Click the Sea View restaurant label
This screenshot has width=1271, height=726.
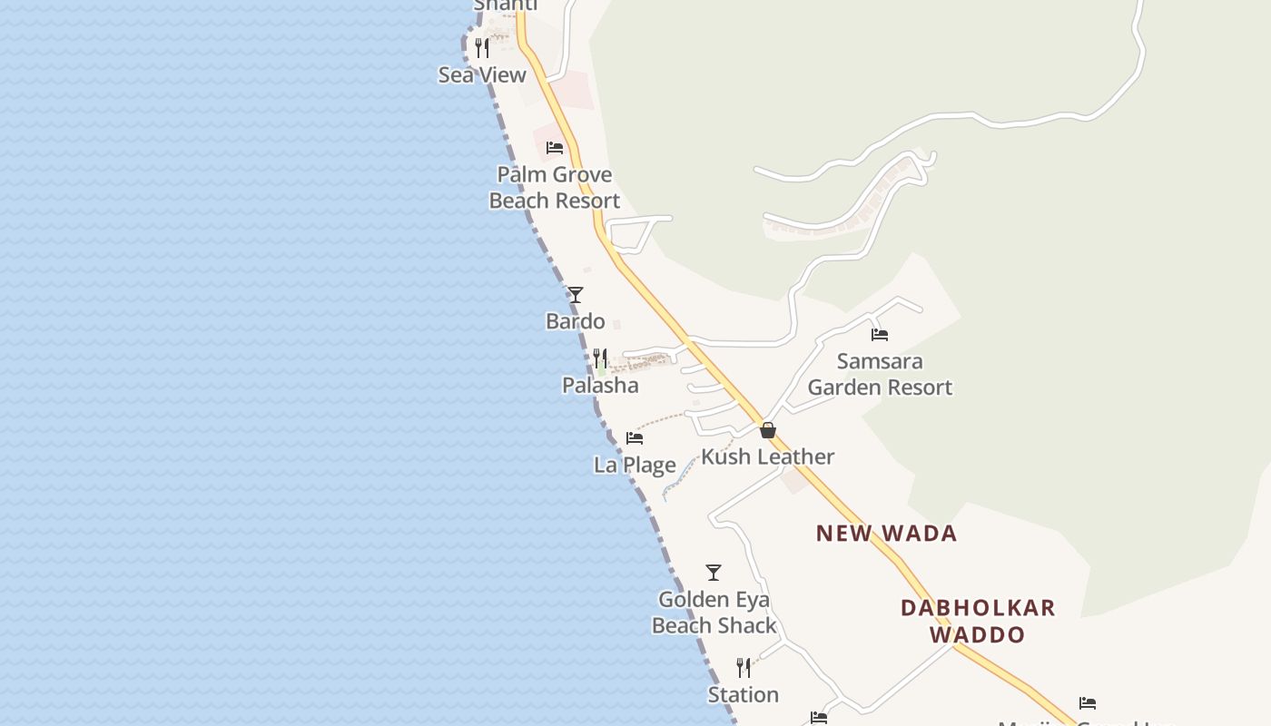click(482, 75)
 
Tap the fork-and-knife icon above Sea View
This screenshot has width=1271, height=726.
click(482, 48)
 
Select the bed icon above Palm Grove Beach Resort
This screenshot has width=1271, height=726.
click(555, 148)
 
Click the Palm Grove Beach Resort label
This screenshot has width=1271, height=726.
click(555, 188)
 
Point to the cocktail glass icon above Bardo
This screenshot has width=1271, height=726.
click(575, 295)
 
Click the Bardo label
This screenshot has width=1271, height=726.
click(575, 321)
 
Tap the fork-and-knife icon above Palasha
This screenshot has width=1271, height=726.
click(599, 358)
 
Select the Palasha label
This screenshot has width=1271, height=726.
click(600, 386)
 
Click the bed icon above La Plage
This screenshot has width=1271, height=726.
click(635, 438)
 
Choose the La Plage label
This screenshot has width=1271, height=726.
click(635, 466)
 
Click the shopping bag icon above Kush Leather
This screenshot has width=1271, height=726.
click(768, 430)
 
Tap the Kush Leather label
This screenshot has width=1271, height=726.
click(768, 456)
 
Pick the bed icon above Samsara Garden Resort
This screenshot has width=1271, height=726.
click(880, 335)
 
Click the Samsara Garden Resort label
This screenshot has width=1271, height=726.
click(880, 375)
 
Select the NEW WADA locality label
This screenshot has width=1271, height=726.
click(886, 534)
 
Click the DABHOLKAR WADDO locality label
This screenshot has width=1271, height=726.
click(978, 621)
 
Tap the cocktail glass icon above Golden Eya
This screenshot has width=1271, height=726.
click(714, 573)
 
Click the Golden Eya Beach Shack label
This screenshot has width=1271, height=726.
click(714, 613)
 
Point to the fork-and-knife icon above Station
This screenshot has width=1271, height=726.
click(744, 668)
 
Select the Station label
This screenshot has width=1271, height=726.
click(744, 695)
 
